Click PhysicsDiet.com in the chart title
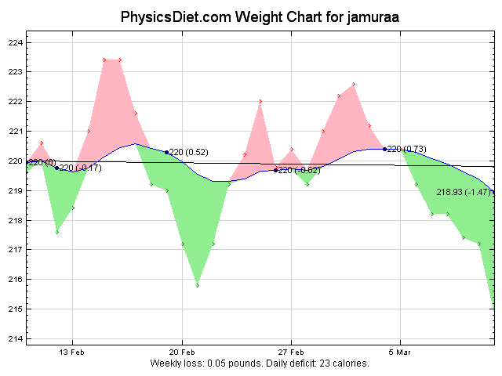(x=166, y=16)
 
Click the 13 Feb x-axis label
(x=72, y=352)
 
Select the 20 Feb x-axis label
(x=183, y=352)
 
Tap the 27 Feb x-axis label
(x=291, y=352)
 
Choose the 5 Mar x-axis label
(x=401, y=352)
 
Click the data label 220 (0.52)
(x=189, y=152)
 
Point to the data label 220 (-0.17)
(x=81, y=168)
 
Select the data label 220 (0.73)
(x=406, y=149)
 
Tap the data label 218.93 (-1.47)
(x=464, y=192)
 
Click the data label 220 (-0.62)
(x=299, y=170)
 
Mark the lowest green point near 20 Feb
(x=198, y=285)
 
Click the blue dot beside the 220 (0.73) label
(x=384, y=149)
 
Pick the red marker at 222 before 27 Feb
(x=260, y=101)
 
